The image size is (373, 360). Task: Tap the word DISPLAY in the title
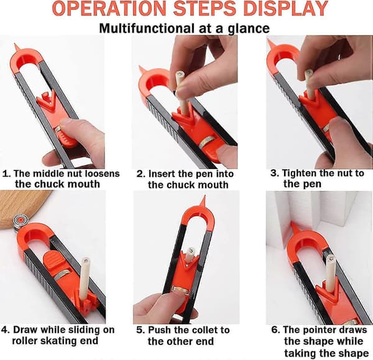pyautogui.click(x=286, y=8)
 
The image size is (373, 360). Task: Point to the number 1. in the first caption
pyautogui.click(x=7, y=173)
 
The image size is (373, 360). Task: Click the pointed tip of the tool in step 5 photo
pyautogui.click(x=204, y=196)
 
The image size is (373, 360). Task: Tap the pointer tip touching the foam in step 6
pyautogui.click(x=292, y=223)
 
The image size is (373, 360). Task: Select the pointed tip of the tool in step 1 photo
pyautogui.click(x=16, y=44)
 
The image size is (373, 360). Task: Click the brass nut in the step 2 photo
pyautogui.click(x=207, y=141)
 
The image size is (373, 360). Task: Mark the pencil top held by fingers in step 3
pyautogui.click(x=309, y=72)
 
